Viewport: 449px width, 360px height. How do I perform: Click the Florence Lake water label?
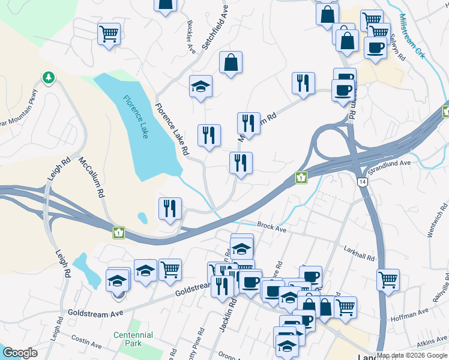point(136,116)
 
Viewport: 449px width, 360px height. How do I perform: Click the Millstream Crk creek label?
point(412,35)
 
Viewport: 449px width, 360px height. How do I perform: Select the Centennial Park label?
point(134,339)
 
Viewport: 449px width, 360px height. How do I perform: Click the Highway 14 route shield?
point(361,182)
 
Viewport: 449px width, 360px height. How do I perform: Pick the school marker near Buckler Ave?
point(201,86)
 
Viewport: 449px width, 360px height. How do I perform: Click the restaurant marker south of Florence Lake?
point(170,208)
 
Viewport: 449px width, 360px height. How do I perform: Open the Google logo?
point(20,353)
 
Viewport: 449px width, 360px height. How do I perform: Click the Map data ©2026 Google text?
point(412,355)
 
